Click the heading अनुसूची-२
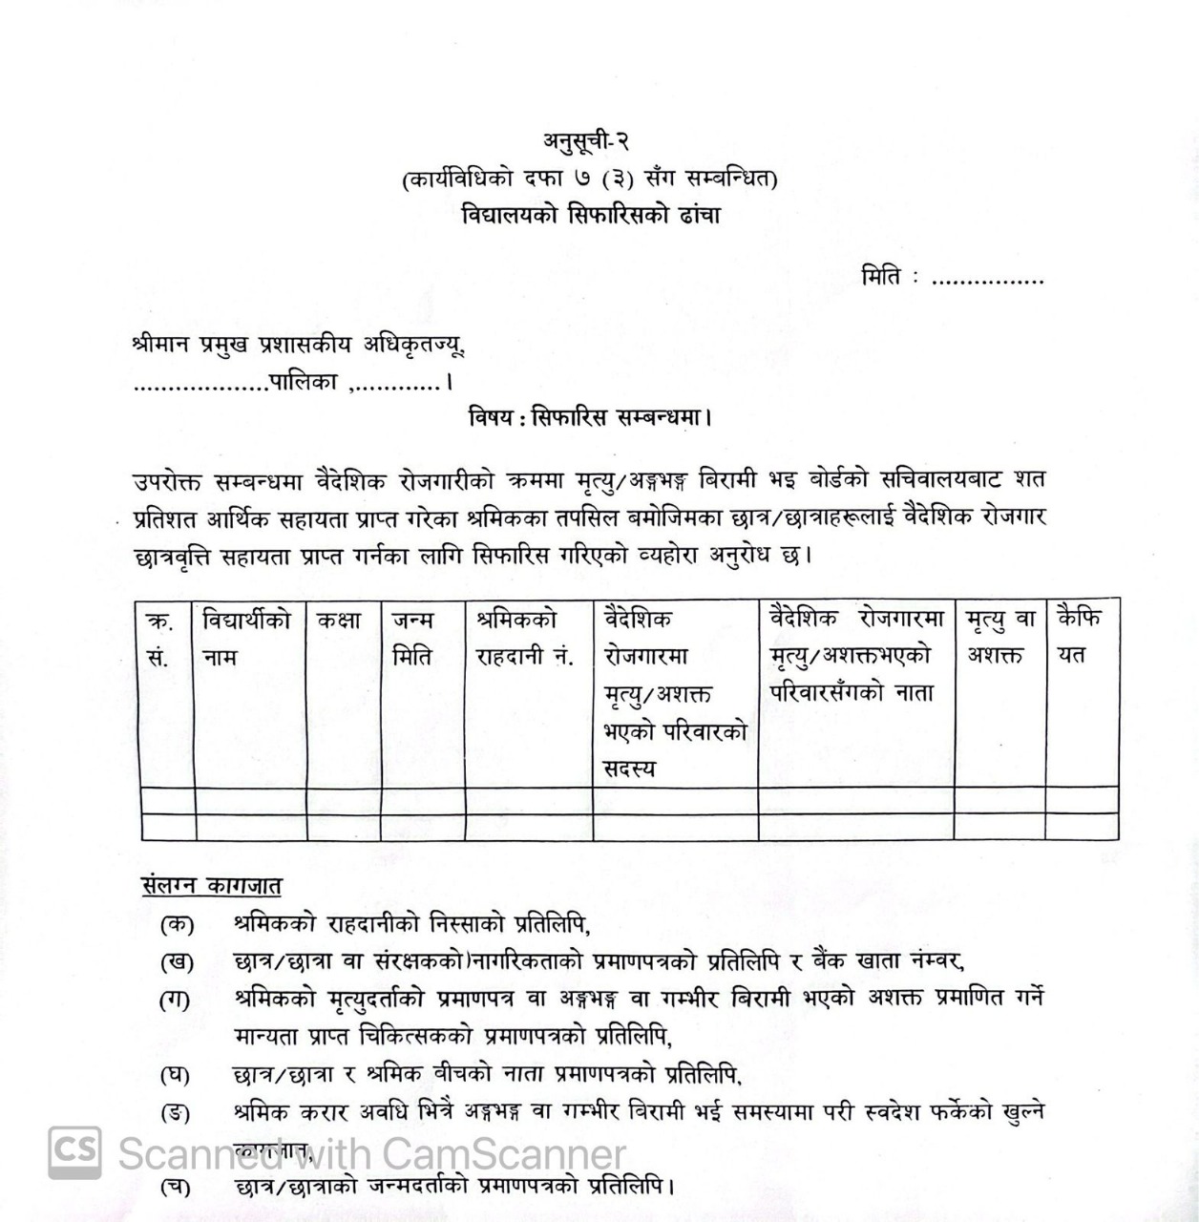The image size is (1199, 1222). coord(587,141)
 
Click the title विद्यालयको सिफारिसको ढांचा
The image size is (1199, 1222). coord(589,215)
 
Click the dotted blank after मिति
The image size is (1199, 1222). coord(988,281)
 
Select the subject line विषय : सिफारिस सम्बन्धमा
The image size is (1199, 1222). coord(592,417)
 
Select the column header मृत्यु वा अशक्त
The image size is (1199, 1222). coord(999,637)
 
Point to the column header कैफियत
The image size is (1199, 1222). coord(1079,637)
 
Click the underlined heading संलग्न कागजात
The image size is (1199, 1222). coord(210,885)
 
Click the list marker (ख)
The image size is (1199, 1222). coord(177,961)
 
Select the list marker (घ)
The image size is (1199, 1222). coord(175,1075)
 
